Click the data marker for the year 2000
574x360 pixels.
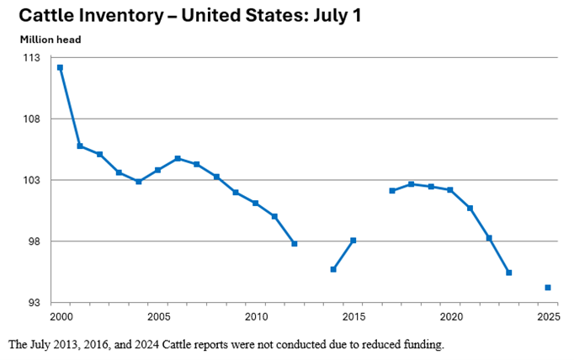[61, 67]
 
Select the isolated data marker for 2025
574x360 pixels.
[548, 288]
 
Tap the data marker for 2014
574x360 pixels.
[333, 269]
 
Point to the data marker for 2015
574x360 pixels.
[353, 241]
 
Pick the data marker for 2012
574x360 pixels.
[295, 244]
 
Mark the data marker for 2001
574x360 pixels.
[80, 146]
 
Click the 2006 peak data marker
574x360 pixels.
[178, 158]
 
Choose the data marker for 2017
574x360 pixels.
[392, 191]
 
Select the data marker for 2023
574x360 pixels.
[509, 273]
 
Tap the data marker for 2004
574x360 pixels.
[139, 182]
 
